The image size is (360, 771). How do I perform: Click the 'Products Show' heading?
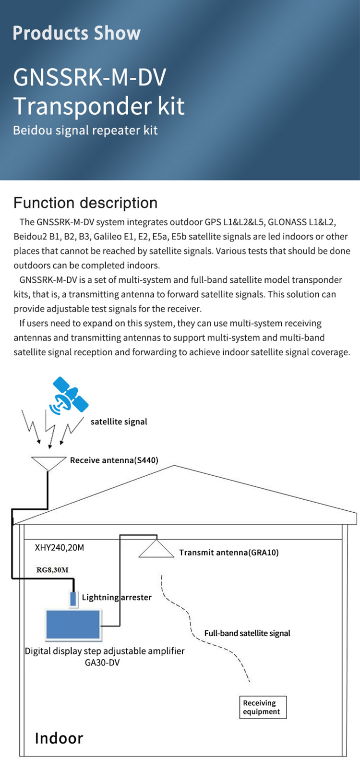tap(76, 33)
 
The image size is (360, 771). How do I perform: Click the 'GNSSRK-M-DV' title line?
tap(89, 77)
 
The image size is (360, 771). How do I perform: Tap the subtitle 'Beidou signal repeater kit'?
tap(85, 131)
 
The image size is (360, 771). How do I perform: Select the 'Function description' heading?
tap(85, 203)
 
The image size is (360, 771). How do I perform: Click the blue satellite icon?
tap(70, 395)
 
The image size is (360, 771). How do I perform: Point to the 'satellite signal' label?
tap(119, 422)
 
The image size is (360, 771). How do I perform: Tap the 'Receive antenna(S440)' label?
tap(114, 460)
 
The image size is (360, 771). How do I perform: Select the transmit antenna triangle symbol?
tap(156, 549)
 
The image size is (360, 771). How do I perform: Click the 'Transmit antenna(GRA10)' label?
tap(228, 553)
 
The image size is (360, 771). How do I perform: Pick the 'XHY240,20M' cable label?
tap(60, 548)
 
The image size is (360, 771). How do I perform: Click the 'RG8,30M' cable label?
tap(52, 570)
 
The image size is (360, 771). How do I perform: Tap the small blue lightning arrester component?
tap(73, 599)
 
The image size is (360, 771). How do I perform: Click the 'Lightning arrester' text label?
tap(117, 597)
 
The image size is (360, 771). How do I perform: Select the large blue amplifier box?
tap(73, 625)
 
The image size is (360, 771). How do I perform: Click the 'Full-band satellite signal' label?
tap(247, 633)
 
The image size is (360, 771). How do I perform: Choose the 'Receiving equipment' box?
tap(263, 707)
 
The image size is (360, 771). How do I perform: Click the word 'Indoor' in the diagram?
tap(59, 738)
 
